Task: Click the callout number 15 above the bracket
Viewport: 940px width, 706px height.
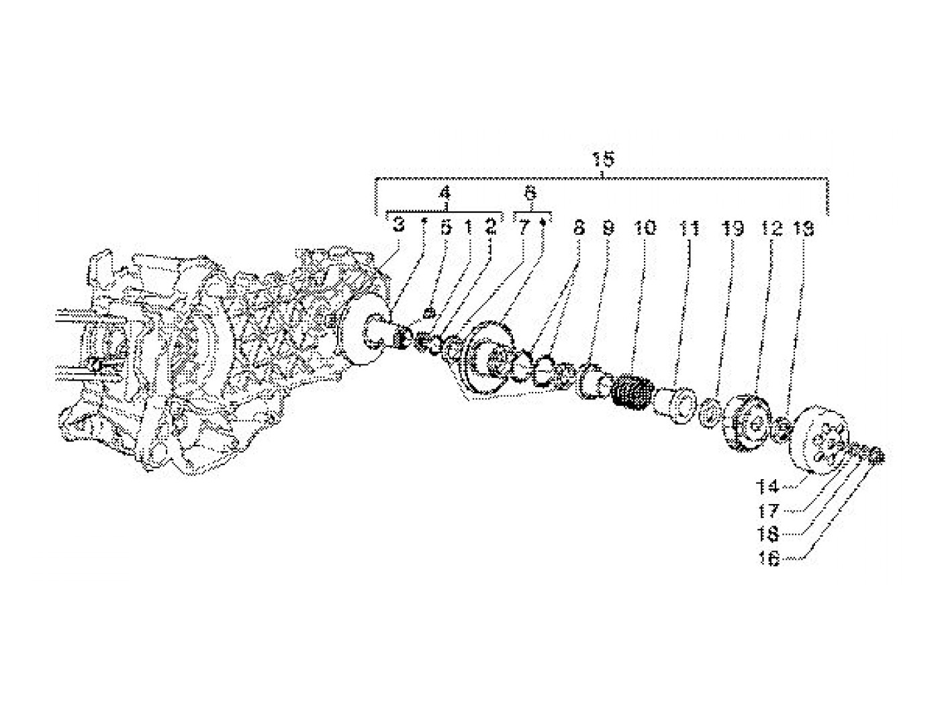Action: (602, 160)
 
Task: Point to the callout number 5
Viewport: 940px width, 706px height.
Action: (446, 227)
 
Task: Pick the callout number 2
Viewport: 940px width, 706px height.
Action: (491, 227)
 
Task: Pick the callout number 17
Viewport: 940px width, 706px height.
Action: (768, 511)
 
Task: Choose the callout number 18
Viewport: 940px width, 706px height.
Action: (768, 534)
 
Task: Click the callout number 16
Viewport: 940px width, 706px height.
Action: (769, 558)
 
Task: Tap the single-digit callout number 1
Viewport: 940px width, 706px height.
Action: (468, 227)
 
